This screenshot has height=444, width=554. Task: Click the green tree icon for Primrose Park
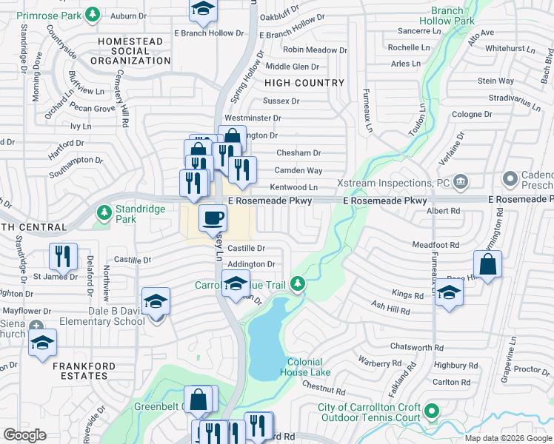(92, 14)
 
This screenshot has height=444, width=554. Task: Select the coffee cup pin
(213, 218)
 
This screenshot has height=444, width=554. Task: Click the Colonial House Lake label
(305, 367)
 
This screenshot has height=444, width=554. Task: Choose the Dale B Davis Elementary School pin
(156, 302)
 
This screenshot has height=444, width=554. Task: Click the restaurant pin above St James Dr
(63, 257)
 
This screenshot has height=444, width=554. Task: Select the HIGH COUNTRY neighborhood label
(304, 83)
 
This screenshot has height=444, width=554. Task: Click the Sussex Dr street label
(281, 101)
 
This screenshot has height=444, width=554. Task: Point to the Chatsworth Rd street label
(417, 346)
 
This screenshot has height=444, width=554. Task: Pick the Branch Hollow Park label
(447, 16)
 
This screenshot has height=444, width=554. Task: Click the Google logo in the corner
(25, 434)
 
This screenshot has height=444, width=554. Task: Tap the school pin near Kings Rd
(449, 292)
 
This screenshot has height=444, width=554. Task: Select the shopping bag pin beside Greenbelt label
(198, 400)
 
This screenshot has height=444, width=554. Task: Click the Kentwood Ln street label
(294, 188)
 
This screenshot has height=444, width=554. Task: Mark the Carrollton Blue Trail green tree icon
(298, 283)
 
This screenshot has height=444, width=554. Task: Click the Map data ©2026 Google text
(508, 438)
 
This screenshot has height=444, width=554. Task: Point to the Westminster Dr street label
(253, 118)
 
